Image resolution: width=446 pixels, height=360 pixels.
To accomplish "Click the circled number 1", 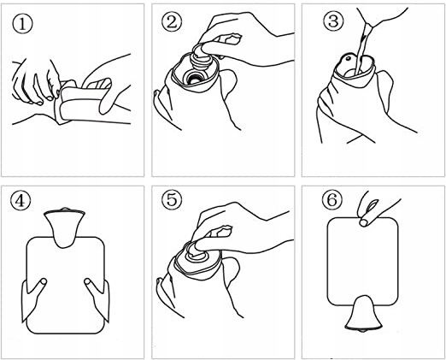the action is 22,24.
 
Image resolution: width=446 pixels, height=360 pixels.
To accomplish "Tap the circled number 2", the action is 172,22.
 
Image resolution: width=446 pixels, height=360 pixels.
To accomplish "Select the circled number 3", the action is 333,21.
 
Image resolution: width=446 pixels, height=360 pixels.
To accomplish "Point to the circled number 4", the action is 21,201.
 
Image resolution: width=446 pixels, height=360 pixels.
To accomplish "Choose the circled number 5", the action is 172,199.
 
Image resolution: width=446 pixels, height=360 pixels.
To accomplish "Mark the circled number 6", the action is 332,200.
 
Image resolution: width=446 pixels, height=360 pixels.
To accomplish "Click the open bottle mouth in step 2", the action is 195,78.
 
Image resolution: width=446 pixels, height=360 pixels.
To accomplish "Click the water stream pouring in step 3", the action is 362,49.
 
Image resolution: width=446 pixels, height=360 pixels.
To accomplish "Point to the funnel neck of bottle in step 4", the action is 65,227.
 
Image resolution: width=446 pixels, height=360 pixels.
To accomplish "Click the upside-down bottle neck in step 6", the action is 363,314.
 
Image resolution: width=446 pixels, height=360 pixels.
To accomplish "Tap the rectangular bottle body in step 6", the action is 362,261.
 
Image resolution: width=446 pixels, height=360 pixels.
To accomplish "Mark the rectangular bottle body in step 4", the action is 65,285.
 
